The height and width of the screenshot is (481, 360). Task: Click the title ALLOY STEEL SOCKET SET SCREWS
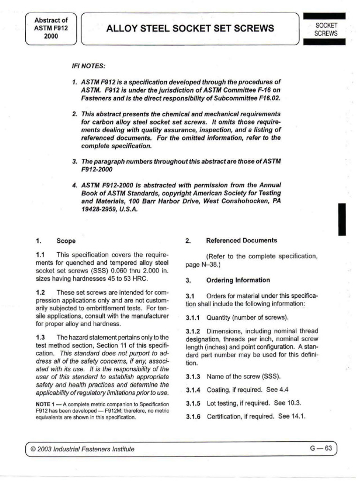tap(190, 28)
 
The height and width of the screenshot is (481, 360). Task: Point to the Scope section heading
tap(66, 241)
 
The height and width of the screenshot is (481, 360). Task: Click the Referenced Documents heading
tap(241, 240)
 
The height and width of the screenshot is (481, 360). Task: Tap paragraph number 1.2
tap(40, 292)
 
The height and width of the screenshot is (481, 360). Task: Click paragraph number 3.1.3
tap(193, 377)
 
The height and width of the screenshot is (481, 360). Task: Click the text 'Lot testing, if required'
tap(238, 403)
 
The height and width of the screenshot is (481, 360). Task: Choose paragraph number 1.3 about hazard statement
tap(40, 337)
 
